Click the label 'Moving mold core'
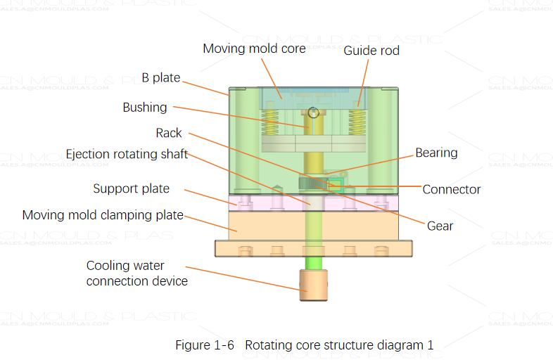click(x=254, y=49)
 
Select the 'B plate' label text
click(x=160, y=78)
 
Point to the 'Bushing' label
click(x=144, y=108)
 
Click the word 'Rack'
click(x=169, y=133)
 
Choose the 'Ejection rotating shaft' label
click(x=127, y=154)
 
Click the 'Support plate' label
click(x=131, y=189)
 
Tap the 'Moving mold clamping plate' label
click(x=103, y=215)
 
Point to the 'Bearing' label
click(x=436, y=153)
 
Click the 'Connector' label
click(x=451, y=189)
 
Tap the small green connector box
click(x=336, y=186)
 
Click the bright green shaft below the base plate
click(x=313, y=263)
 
